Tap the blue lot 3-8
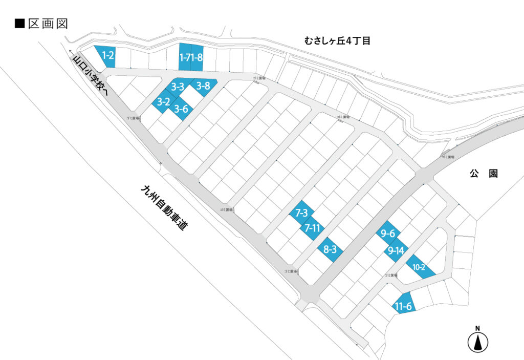click(x=204, y=86)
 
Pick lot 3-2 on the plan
click(x=164, y=101)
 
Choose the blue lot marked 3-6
click(x=181, y=109)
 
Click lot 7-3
click(x=301, y=213)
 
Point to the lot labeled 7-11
click(x=312, y=228)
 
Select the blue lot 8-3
click(x=330, y=249)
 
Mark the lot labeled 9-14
click(x=397, y=251)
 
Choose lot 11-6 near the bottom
click(x=404, y=306)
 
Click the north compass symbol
click(x=477, y=341)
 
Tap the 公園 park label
click(x=484, y=174)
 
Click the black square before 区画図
click(x=20, y=24)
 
